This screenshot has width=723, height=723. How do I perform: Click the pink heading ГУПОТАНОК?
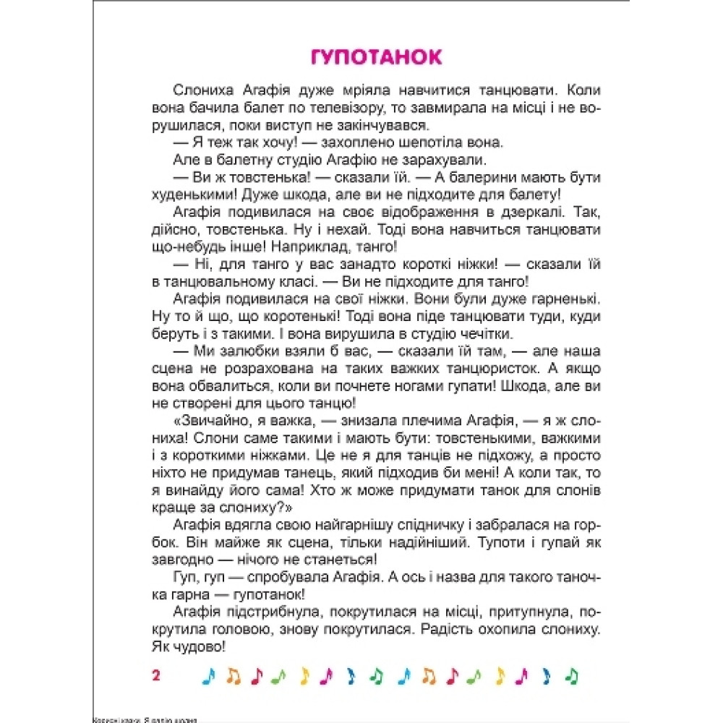coord(376,57)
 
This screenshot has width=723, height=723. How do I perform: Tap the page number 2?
coord(155,675)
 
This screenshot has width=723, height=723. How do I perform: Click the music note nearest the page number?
coord(208,675)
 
